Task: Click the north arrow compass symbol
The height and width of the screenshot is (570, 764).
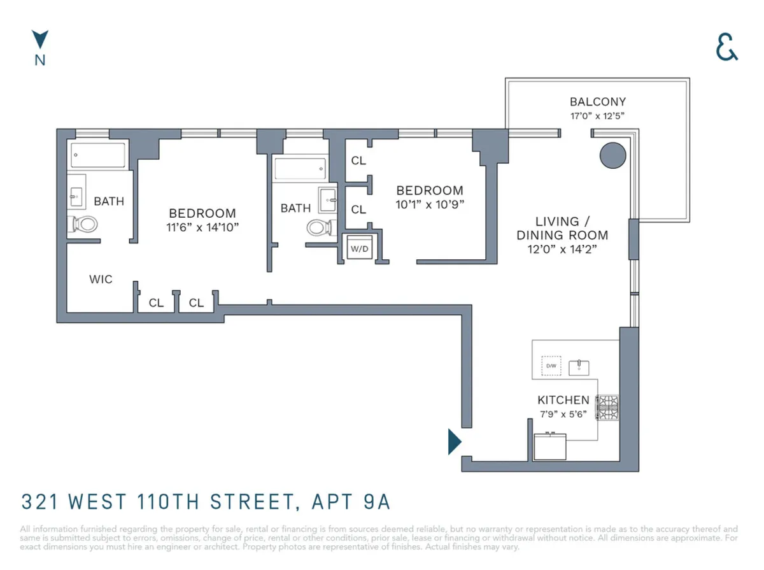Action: (x=40, y=39)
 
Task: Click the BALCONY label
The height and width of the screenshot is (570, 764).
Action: (x=597, y=102)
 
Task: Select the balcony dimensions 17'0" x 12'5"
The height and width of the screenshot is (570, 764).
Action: (x=597, y=117)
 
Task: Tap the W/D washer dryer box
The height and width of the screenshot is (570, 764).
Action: (x=359, y=248)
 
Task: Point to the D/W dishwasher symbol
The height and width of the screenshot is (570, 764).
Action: (x=550, y=366)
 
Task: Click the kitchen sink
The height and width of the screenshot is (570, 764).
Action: (x=579, y=367)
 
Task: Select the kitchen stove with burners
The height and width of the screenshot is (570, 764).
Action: (x=607, y=407)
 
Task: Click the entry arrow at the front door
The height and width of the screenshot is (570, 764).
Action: (x=454, y=441)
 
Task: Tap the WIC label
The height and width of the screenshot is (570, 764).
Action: (x=101, y=279)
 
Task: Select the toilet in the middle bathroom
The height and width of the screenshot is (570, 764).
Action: (x=320, y=227)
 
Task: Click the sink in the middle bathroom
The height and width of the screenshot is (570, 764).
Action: (x=328, y=198)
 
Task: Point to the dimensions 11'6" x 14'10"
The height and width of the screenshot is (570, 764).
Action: (x=202, y=227)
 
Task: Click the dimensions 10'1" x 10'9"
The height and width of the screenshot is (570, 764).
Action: (x=430, y=204)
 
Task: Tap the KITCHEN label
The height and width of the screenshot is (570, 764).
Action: (x=563, y=401)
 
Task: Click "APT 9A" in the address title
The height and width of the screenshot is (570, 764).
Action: (x=350, y=502)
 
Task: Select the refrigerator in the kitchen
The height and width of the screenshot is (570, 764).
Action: (x=549, y=446)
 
